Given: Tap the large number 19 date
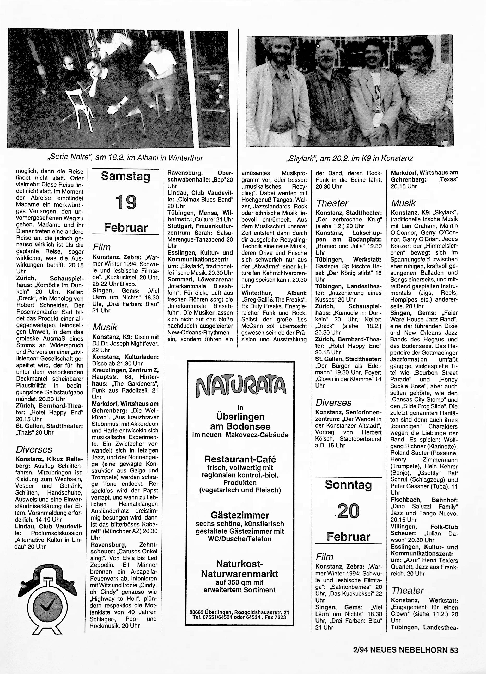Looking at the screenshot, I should [x=126, y=202].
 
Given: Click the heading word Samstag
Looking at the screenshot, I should [x=125, y=176].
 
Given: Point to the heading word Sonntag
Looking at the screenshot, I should [x=348, y=485].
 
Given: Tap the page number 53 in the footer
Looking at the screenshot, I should [x=454, y=650].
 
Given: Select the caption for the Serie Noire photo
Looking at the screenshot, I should [x=125, y=158].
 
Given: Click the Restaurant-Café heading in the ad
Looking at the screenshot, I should [x=240, y=459].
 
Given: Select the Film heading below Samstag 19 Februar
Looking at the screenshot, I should [x=102, y=247].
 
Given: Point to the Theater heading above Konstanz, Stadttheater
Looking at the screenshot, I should [x=332, y=203].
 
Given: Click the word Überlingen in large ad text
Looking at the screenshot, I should [x=240, y=417].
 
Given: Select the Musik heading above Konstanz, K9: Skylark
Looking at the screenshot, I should [x=403, y=203].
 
